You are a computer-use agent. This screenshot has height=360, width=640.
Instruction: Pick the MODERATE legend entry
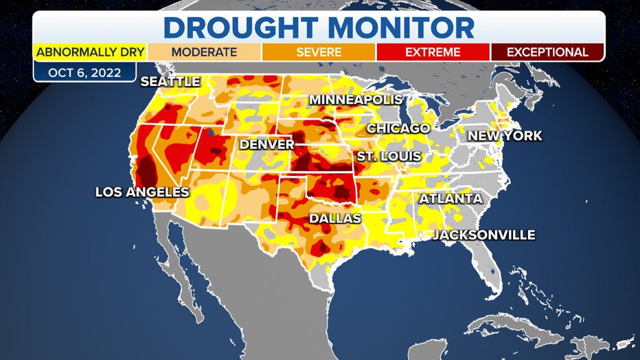[204, 52]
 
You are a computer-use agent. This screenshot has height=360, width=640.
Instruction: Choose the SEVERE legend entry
[318, 52]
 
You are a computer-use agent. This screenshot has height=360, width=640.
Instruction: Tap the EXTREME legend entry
[433, 52]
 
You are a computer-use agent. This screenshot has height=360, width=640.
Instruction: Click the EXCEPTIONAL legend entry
[547, 52]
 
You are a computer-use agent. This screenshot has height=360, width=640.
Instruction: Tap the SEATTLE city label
[170, 82]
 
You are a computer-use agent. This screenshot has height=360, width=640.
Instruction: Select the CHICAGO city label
[398, 128]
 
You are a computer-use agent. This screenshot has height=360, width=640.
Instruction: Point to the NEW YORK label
[505, 136]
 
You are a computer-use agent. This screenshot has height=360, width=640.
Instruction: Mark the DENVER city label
[266, 145]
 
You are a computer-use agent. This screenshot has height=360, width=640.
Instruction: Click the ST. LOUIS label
[388, 157]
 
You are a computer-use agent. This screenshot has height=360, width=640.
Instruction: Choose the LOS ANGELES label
[141, 192]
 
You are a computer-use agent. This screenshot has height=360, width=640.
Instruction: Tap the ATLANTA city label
[450, 199]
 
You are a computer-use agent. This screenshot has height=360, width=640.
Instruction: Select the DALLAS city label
[334, 218]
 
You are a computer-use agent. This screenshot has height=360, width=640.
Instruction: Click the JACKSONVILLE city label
[483, 235]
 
